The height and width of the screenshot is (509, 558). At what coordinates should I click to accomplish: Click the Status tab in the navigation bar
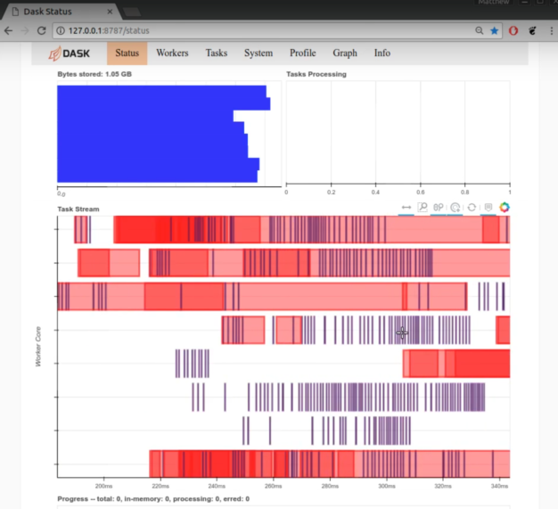click(127, 53)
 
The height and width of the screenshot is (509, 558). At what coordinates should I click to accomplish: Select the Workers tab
click(172, 53)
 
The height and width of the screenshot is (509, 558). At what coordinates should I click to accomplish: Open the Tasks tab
click(217, 53)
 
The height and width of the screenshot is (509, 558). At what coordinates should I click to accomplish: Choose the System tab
click(258, 53)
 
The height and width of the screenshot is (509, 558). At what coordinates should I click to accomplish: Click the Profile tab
click(303, 53)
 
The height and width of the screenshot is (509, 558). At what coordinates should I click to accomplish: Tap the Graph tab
click(345, 53)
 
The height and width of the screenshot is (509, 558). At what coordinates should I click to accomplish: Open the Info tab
click(382, 53)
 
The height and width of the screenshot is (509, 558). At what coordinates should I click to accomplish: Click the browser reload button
click(41, 30)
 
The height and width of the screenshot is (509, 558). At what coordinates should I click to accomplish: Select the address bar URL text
click(106, 30)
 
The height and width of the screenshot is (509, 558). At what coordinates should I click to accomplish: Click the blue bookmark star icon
click(494, 30)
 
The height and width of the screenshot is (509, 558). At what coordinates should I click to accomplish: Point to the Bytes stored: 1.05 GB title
click(94, 74)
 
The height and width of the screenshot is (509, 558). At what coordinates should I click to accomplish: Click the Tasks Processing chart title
click(316, 74)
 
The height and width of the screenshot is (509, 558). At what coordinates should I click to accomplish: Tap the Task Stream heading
click(78, 209)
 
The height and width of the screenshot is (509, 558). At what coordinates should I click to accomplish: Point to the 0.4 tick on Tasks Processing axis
click(375, 192)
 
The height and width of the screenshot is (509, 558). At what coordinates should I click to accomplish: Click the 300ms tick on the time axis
click(386, 487)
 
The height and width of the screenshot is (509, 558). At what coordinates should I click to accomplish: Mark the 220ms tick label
click(160, 487)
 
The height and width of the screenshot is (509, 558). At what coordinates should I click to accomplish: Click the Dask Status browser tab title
click(49, 9)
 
